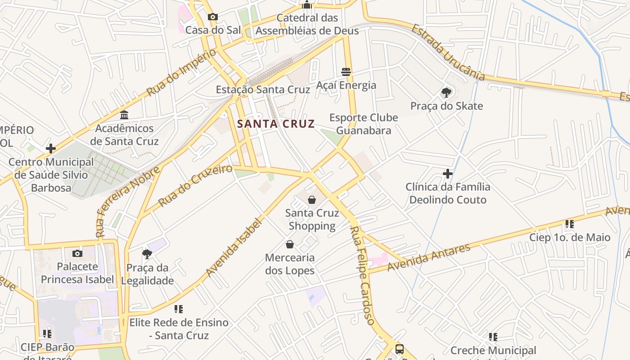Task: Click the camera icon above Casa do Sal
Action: click(x=213, y=17)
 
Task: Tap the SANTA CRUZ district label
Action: click(x=276, y=124)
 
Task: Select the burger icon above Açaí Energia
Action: click(x=346, y=72)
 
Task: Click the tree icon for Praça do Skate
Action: click(x=446, y=93)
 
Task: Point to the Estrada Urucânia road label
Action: click(x=448, y=53)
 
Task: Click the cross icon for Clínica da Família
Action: click(x=448, y=173)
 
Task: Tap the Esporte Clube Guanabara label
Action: click(x=364, y=124)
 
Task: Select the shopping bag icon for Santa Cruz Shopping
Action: click(x=312, y=200)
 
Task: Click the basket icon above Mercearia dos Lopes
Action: click(x=290, y=244)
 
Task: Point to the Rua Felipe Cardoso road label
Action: click(x=362, y=275)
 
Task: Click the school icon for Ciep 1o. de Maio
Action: click(x=570, y=224)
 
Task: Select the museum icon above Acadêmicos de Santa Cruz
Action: click(x=125, y=115)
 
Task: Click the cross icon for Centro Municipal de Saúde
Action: click(x=51, y=148)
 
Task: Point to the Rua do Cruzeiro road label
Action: click(x=195, y=185)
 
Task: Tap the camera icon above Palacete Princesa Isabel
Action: click(x=77, y=253)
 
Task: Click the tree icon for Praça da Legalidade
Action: click(x=147, y=254)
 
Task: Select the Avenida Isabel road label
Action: click(x=234, y=247)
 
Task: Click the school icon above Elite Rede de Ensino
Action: click(x=179, y=309)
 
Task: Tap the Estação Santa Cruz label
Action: click(x=263, y=89)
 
